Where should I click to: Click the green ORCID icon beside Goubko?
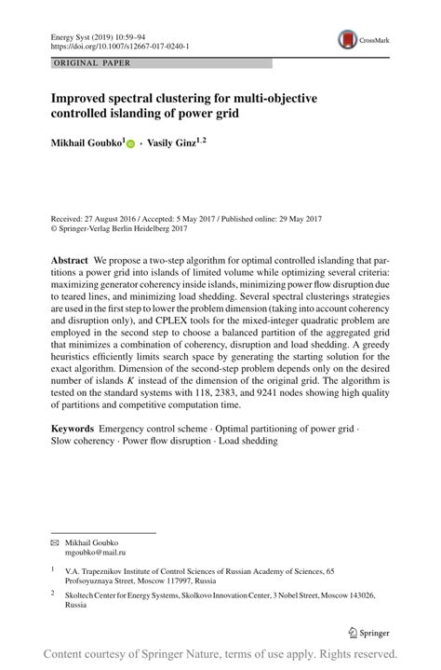(x=130, y=144)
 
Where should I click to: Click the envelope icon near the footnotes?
(x=54, y=542)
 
